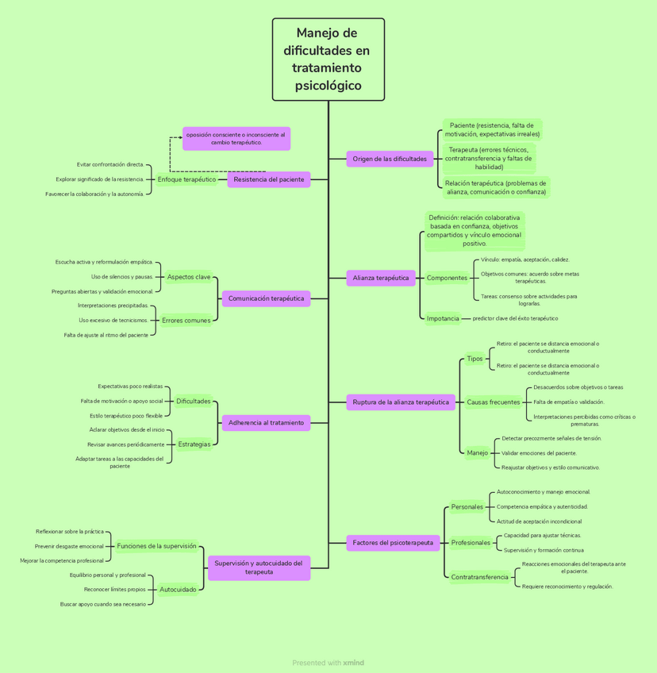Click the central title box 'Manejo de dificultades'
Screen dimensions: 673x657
[328, 60]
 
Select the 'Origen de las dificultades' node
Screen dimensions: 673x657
[390, 159]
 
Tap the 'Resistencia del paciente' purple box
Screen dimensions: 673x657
[269, 179]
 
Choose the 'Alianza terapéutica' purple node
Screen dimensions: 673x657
[381, 278]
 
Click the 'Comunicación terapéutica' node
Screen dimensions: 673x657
[266, 299]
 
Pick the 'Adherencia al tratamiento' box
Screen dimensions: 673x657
[266, 423]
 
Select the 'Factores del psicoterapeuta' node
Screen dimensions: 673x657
[394, 543]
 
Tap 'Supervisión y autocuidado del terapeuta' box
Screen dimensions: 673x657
[259, 567]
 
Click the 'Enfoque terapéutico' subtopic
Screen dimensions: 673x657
[186, 179]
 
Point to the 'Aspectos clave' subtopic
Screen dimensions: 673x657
[189, 277]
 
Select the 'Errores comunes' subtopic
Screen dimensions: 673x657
[186, 321]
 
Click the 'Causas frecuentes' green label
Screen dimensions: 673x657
[494, 402]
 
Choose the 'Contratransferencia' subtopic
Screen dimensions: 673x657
[479, 577]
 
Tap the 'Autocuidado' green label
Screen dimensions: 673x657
[178, 590]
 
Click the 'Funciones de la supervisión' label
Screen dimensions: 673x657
[156, 546]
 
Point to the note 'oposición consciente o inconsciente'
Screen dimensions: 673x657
[236, 139]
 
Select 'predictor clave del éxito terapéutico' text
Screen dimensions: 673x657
[515, 318]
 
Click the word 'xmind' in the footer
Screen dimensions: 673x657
[353, 663]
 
